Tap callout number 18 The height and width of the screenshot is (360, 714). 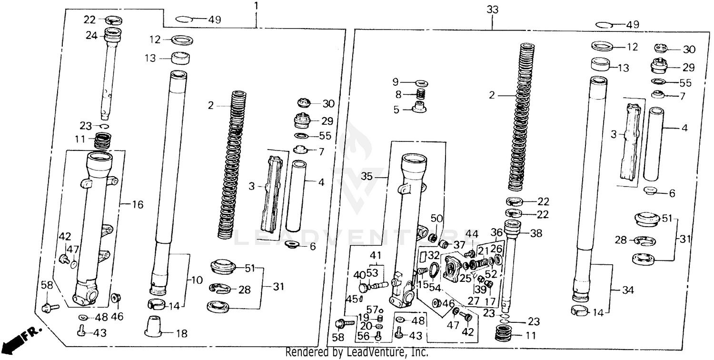[x=182, y=334]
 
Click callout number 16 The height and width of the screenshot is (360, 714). [x=137, y=205]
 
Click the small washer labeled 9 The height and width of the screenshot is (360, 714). [x=420, y=83]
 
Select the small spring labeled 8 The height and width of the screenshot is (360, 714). [x=420, y=94]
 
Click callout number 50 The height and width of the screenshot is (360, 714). [x=436, y=219]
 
